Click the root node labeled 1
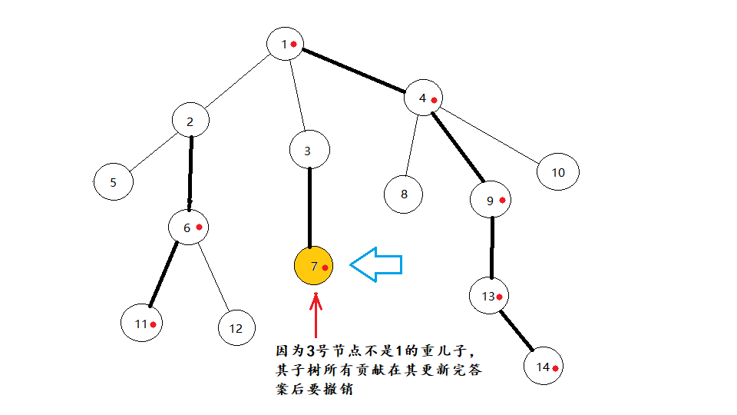[x=286, y=44]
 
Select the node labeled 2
[x=190, y=121]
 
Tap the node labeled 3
[x=309, y=151]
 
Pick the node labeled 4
[x=424, y=98]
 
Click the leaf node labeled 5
[x=114, y=183]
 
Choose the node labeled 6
[x=189, y=227]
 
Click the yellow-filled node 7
[x=313, y=267]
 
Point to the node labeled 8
[x=404, y=193]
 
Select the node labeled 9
[x=492, y=201]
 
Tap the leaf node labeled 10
[x=558, y=172]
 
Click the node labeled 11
[x=142, y=324]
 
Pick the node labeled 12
[x=236, y=328]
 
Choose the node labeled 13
[x=491, y=296]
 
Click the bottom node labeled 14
[x=545, y=367]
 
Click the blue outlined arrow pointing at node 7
[x=377, y=264]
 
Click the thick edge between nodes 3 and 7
[x=309, y=207]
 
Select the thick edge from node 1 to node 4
[x=353, y=71]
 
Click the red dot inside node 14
[x=554, y=369]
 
